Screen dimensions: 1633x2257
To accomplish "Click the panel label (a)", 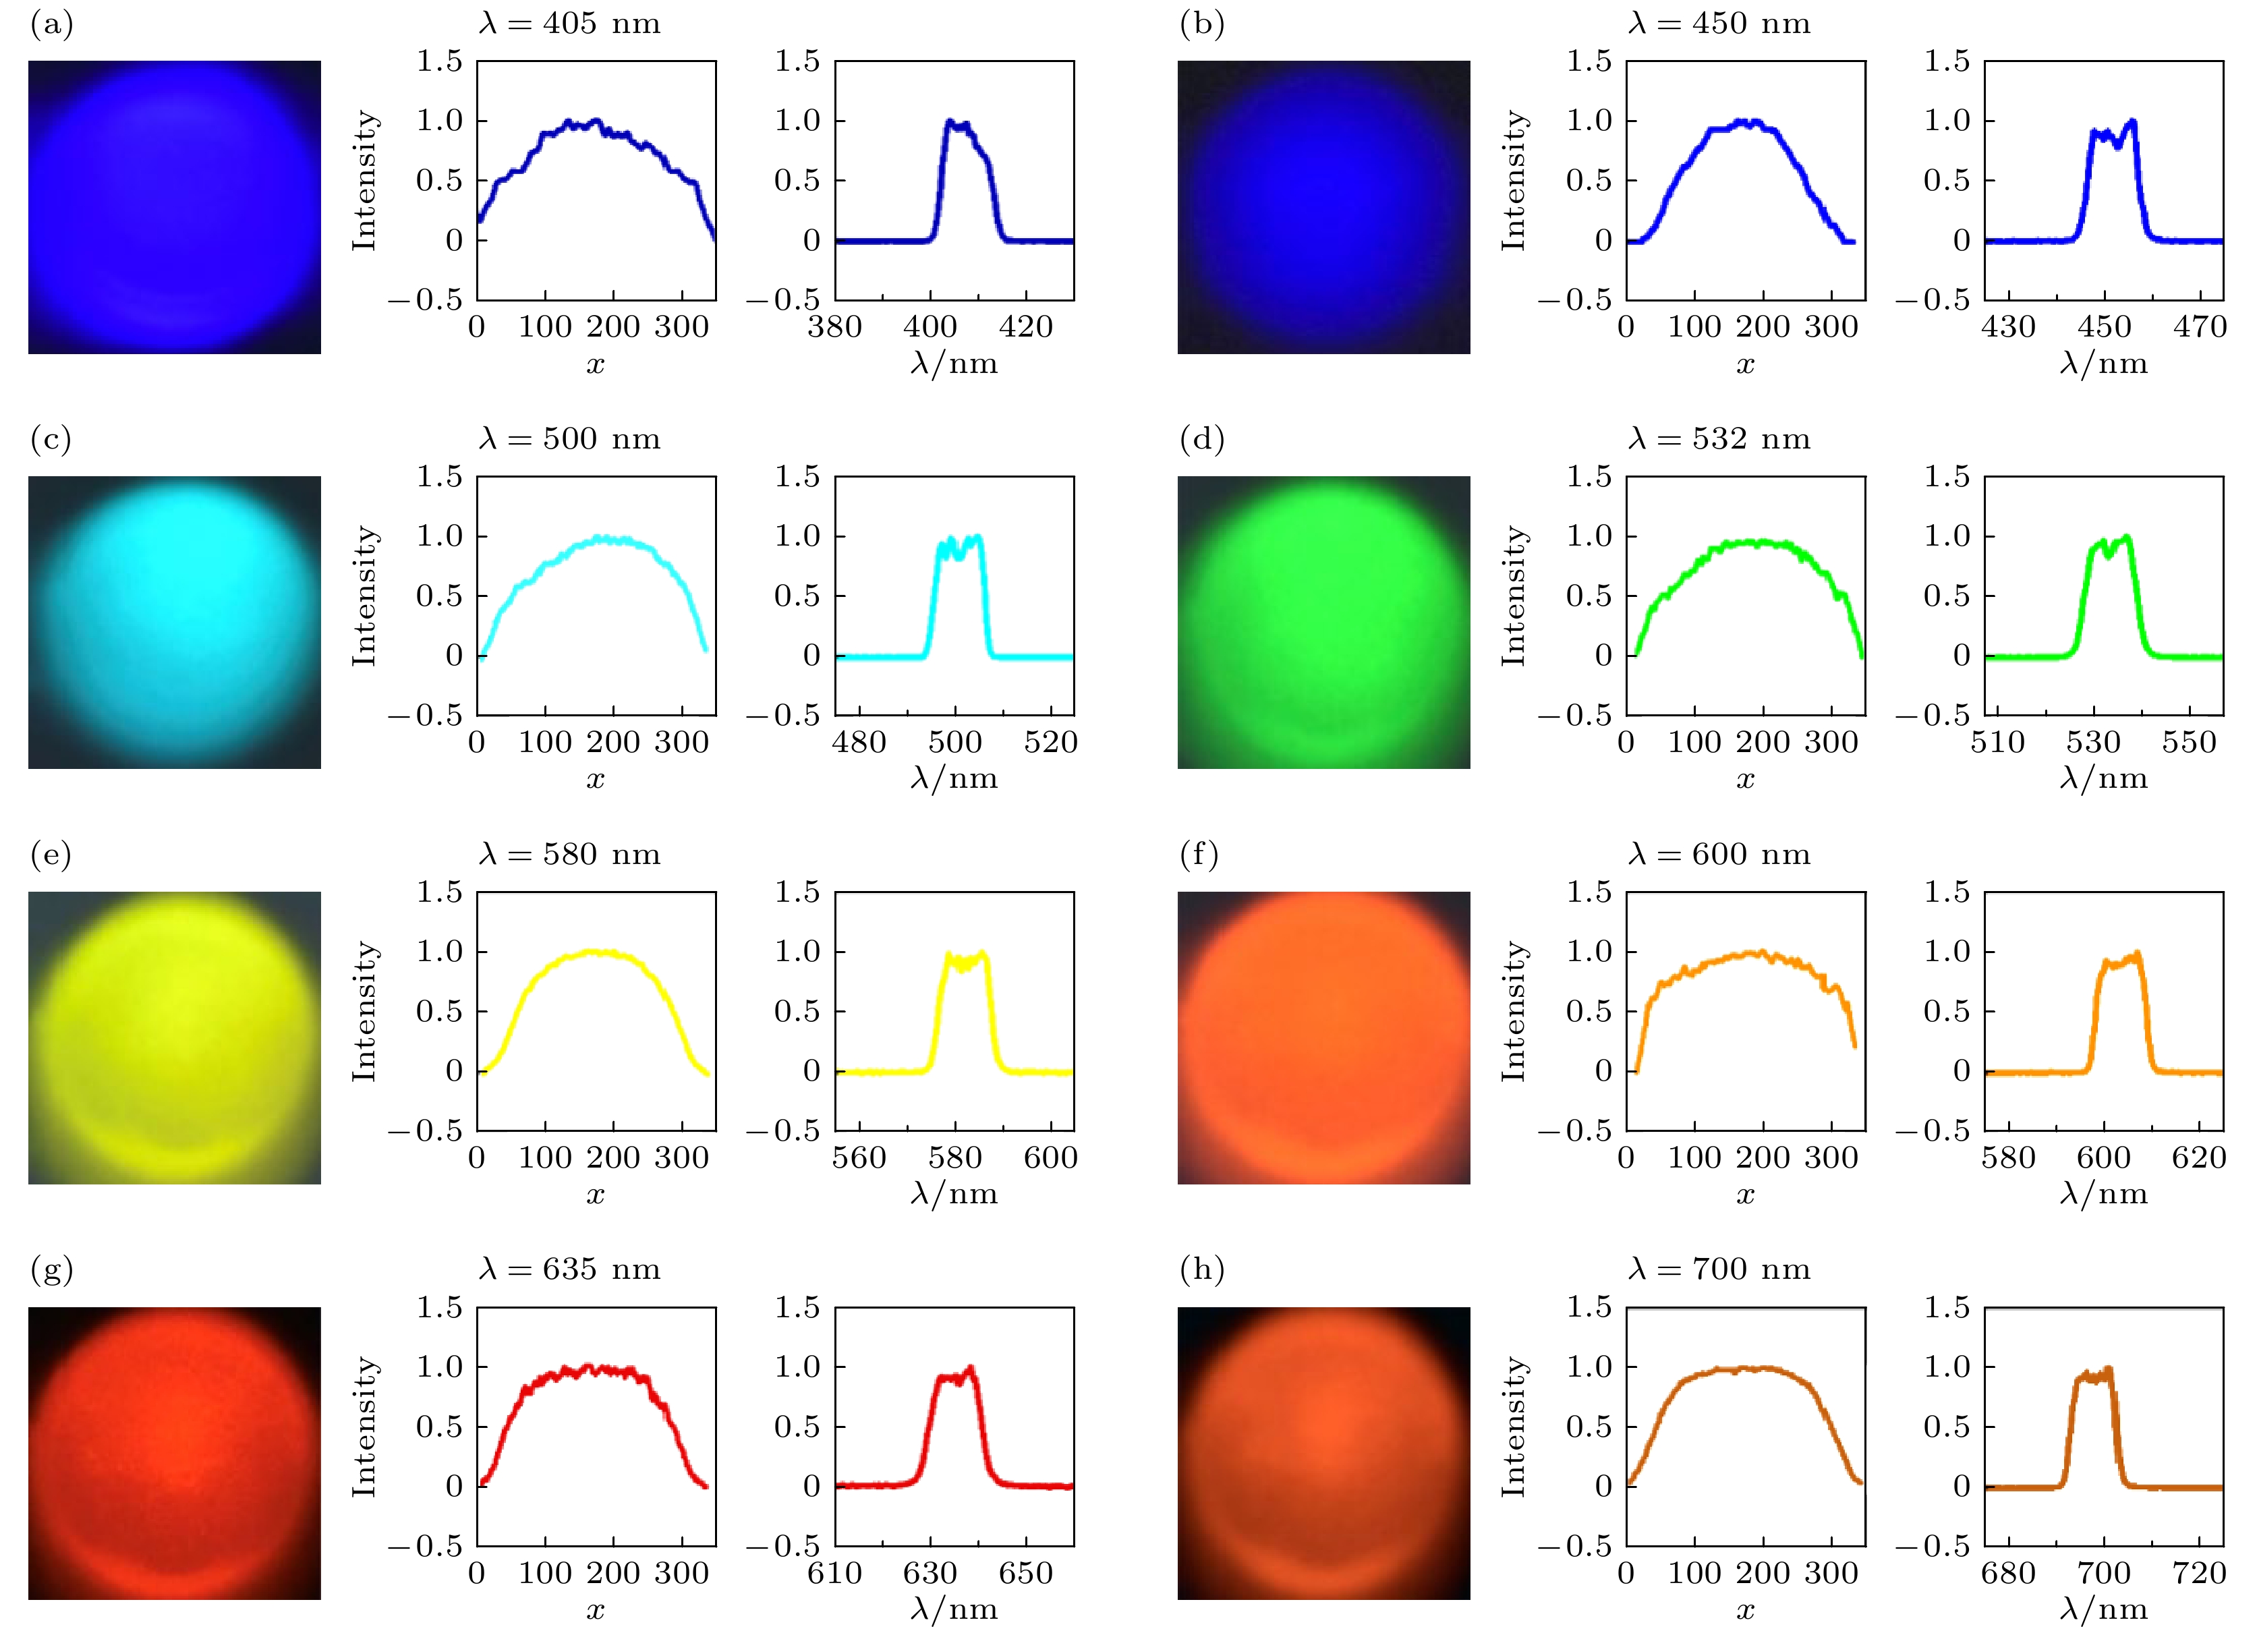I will (52, 24).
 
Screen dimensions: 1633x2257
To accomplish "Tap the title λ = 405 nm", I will (569, 23).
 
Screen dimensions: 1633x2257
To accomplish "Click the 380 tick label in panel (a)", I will (834, 326).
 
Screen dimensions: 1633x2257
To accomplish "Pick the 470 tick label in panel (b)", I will (2199, 326).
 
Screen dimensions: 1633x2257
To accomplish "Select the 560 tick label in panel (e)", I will (859, 1157).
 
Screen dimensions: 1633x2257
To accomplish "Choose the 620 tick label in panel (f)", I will (2199, 1157).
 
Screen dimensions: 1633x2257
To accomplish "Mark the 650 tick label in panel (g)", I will (1026, 1572).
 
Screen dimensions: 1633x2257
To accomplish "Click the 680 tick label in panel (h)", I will (2008, 1572).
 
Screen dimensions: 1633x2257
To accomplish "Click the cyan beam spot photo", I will (174, 622).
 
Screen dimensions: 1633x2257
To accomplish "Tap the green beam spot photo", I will (1323, 622).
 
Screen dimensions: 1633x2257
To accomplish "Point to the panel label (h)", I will (1201, 1270).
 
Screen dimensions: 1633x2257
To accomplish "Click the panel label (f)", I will (1199, 855).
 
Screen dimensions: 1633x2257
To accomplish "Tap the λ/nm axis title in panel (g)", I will (953, 1609).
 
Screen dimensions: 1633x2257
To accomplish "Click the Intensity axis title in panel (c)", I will (365, 595).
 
